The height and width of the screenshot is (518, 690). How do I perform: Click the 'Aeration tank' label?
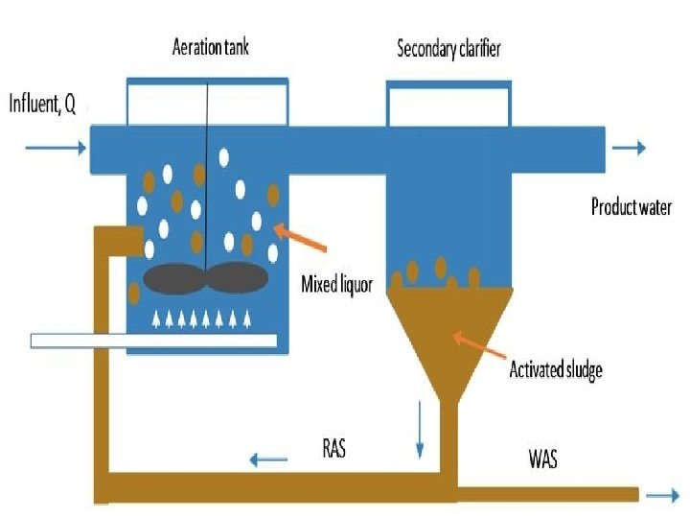pyautogui.click(x=210, y=47)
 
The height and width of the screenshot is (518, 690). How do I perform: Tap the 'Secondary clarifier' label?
pyautogui.click(x=448, y=48)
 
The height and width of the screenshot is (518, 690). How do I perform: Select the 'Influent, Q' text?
pyautogui.click(x=42, y=104)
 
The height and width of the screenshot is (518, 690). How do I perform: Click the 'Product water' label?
pyautogui.click(x=631, y=207)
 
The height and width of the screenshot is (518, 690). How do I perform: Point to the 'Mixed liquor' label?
pyautogui.click(x=336, y=283)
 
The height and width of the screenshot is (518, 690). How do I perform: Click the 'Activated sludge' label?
pyautogui.click(x=556, y=369)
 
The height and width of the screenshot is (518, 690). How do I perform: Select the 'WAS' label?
pyautogui.click(x=542, y=459)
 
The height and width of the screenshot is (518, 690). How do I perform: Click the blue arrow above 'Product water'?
pyautogui.click(x=629, y=148)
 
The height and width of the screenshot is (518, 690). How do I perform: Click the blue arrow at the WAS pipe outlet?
pyautogui.click(x=660, y=495)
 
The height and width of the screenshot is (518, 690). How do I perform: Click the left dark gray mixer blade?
pyautogui.click(x=174, y=278)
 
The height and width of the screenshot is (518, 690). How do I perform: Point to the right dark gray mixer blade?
pyautogui.click(x=237, y=277)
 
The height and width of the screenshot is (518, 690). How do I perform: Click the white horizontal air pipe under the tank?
pyautogui.click(x=153, y=341)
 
